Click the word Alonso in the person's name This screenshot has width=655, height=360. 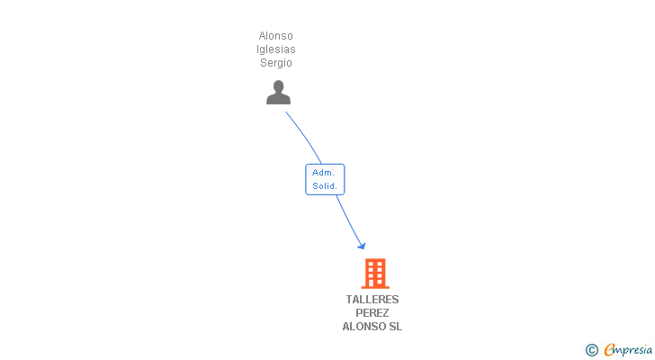[x=276, y=36]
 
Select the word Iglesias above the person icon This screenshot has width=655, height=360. [x=276, y=49]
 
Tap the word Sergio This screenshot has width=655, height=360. [x=276, y=63]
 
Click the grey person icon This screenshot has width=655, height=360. [x=278, y=93]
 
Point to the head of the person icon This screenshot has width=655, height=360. [x=278, y=86]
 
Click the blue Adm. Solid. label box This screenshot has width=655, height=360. [x=325, y=179]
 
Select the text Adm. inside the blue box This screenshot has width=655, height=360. [x=324, y=172]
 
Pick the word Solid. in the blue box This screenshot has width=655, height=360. [x=325, y=186]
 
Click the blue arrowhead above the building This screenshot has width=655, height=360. [x=362, y=245]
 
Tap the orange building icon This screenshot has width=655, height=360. [x=375, y=273]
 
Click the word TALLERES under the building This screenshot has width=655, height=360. [x=372, y=300]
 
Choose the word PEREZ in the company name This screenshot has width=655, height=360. [x=372, y=313]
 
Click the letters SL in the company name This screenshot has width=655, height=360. [x=395, y=327]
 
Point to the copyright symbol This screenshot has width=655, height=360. [x=591, y=350]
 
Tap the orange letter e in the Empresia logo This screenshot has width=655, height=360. [x=609, y=350]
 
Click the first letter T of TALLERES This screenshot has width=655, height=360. [x=349, y=300]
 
